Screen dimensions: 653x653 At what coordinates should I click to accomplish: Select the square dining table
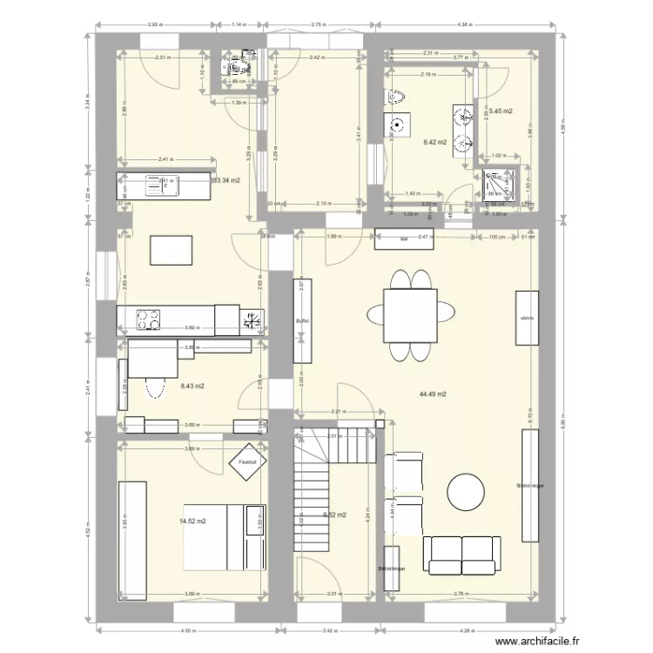pyautogui.click(x=409, y=314)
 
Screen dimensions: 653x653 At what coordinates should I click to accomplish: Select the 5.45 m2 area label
pyautogui.click(x=500, y=111)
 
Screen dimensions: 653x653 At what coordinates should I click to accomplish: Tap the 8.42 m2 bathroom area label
pyautogui.click(x=434, y=142)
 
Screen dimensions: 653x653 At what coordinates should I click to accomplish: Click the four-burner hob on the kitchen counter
pyautogui.click(x=148, y=320)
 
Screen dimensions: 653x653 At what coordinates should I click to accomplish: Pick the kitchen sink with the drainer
pyautogui.click(x=160, y=185)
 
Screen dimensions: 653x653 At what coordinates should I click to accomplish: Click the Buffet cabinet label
pyautogui.click(x=303, y=320)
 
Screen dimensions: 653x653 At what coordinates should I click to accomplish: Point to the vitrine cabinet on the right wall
pyautogui.click(x=526, y=317)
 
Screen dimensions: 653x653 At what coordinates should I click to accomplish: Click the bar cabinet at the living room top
pyautogui.click(x=404, y=235)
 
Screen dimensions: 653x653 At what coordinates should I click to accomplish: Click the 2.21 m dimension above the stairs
pyautogui.click(x=339, y=412)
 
